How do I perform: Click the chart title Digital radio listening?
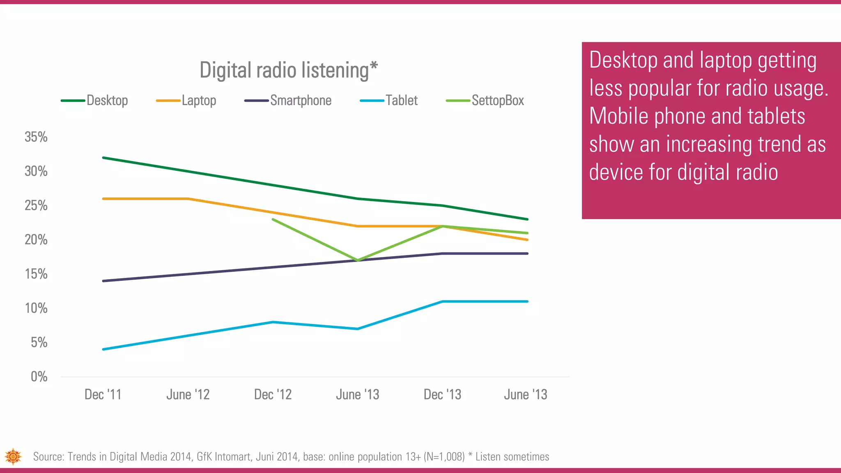(x=288, y=70)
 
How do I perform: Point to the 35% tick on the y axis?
(x=36, y=137)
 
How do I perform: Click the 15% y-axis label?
(x=36, y=274)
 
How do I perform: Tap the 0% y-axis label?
(x=39, y=377)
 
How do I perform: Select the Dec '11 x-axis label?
(x=103, y=395)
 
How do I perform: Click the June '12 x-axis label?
(x=188, y=395)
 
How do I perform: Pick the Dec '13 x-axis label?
(x=442, y=395)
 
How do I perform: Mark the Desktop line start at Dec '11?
(x=103, y=158)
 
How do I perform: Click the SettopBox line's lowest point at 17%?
(x=358, y=260)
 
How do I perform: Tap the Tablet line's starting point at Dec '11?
(x=103, y=349)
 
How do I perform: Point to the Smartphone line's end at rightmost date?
(x=527, y=253)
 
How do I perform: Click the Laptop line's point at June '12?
(x=188, y=199)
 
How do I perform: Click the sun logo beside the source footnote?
(x=13, y=457)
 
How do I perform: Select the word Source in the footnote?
(x=48, y=457)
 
